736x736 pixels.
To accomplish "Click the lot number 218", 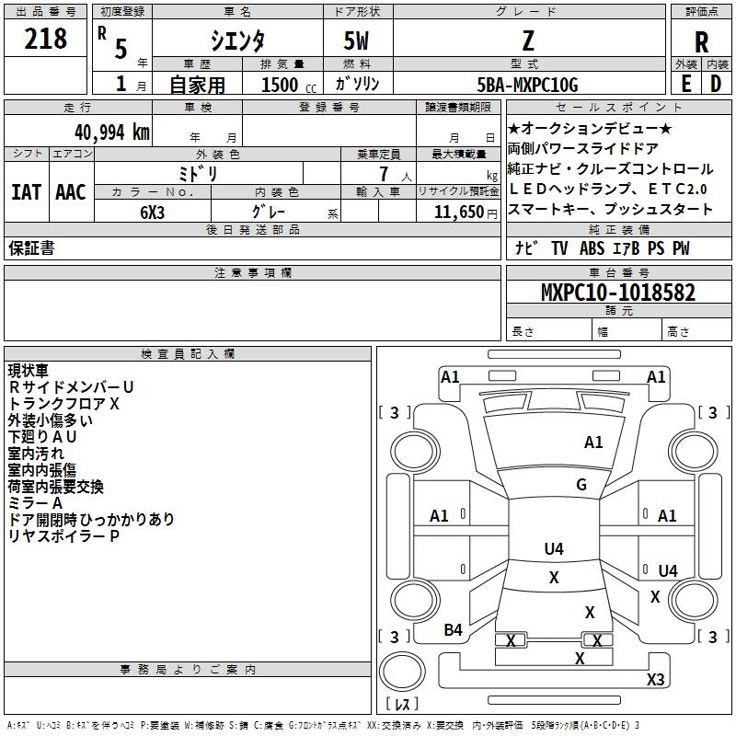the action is [x=46, y=39].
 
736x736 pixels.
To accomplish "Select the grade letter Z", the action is [x=528, y=40].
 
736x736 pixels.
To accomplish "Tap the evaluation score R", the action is [x=701, y=42].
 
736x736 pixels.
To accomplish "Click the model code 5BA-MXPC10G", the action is [x=527, y=85].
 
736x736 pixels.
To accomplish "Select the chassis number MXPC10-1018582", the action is [x=617, y=293].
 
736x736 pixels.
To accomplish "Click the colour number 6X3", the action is [x=153, y=211].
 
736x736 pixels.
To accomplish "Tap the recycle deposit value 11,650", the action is [x=456, y=211].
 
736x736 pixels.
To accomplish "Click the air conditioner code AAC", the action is [x=71, y=192].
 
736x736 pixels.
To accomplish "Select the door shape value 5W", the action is [x=357, y=40].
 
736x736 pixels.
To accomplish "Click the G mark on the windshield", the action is [x=581, y=484].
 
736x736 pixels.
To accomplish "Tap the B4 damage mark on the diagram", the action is [x=453, y=629].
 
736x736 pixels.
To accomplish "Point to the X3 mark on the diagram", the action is [x=655, y=679].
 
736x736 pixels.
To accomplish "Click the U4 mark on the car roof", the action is [x=553, y=549].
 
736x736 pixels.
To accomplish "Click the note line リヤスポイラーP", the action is [x=64, y=535].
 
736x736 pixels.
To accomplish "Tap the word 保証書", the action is [x=31, y=248].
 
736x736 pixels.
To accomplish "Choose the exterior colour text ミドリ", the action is [x=199, y=172].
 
